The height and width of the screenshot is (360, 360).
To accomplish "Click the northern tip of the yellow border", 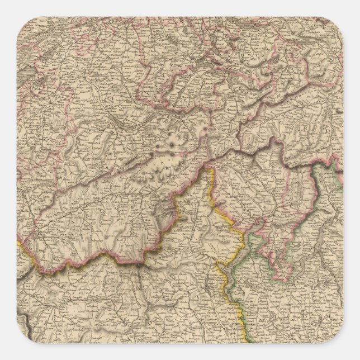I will pyautogui.click(x=211, y=167).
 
